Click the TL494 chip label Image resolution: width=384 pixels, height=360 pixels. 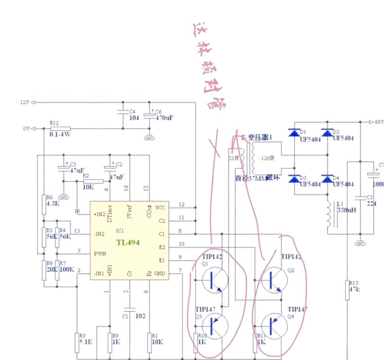click(x=128, y=243)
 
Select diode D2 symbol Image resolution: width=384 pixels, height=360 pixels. click(x=327, y=133)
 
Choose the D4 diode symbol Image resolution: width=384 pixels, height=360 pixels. click(x=327, y=179)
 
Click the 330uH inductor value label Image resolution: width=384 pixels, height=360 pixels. click(x=346, y=210)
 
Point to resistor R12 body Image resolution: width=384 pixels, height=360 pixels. click(x=60, y=129)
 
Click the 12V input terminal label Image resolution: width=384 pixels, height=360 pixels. click(x=24, y=102)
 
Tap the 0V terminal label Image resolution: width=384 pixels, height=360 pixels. click(x=26, y=129)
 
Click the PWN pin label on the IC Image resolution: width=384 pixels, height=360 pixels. click(x=99, y=253)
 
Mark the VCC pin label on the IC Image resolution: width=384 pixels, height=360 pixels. click(x=160, y=207)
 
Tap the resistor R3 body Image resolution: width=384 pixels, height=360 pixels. click(x=78, y=342)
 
